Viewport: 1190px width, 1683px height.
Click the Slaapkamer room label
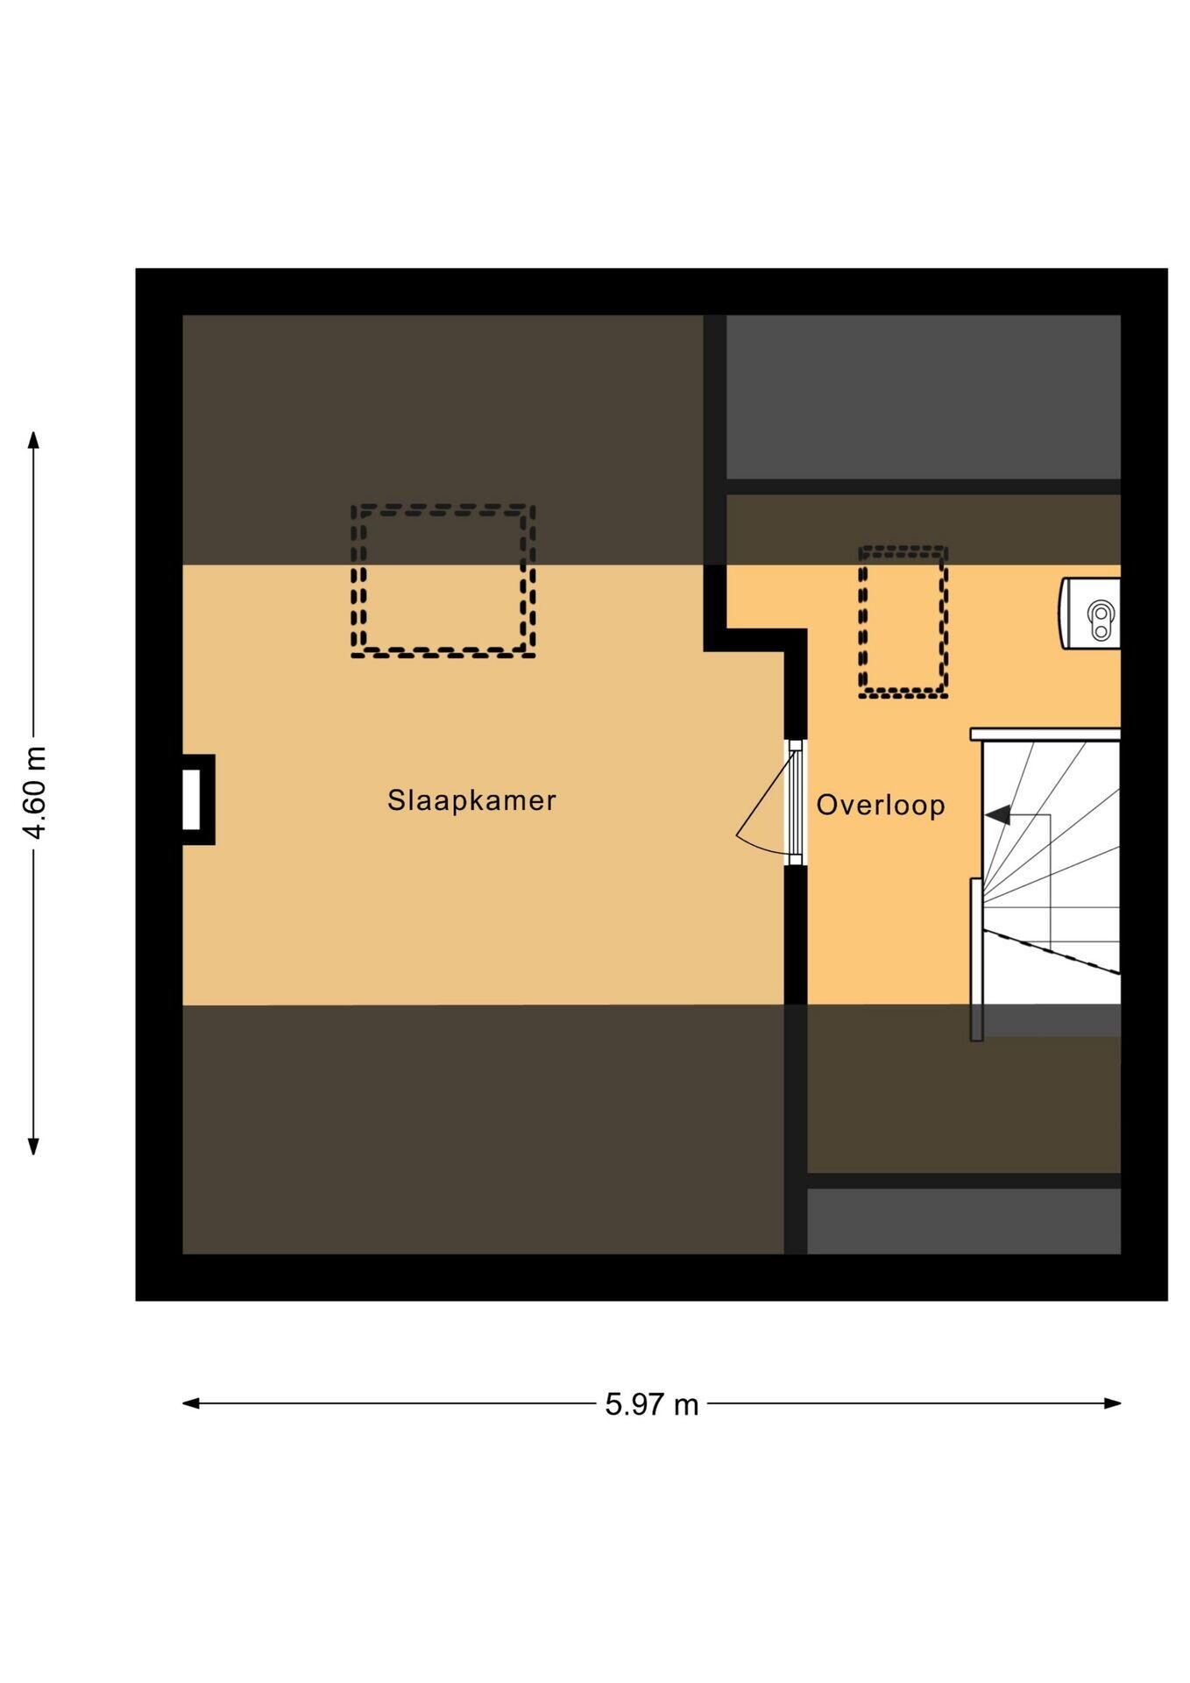[471, 800]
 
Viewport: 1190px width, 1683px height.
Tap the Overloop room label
[881, 805]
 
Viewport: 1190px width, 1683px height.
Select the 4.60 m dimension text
[35, 792]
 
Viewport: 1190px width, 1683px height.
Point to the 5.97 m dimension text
[652, 1404]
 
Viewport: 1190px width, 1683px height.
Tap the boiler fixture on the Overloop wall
[1091, 614]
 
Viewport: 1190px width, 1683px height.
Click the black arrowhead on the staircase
[996, 815]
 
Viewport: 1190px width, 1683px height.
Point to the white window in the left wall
[190, 799]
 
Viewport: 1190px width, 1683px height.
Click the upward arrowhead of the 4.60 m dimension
[33, 440]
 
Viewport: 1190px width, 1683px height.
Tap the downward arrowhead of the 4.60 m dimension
[33, 1146]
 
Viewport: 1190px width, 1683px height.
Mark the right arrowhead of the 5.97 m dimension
[1112, 1403]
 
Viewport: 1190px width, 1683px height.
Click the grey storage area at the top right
[924, 397]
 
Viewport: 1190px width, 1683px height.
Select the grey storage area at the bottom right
[964, 1221]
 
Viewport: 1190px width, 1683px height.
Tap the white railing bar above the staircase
[1045, 735]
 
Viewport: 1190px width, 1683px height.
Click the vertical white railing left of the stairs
[976, 960]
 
